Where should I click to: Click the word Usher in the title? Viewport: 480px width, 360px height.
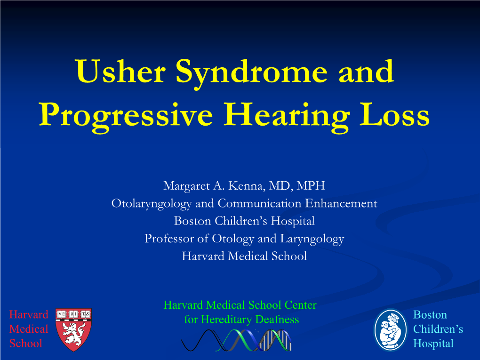click(120, 71)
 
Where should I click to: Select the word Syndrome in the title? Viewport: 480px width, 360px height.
click(251, 73)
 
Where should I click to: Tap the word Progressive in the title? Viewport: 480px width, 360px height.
click(126, 117)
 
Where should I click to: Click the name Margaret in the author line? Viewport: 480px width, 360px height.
click(186, 186)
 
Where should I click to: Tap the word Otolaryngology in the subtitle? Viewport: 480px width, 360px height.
click(152, 204)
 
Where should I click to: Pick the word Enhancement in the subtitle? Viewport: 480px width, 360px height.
click(341, 203)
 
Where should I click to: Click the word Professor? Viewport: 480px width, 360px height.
click(168, 239)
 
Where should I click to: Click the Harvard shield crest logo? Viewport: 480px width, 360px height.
click(73, 330)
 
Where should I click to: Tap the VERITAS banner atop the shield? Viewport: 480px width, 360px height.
click(73, 314)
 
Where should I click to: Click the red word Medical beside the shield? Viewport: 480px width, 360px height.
click(29, 329)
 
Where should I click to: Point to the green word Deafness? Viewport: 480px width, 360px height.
click(277, 319)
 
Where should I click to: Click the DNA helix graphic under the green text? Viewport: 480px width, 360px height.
click(236, 340)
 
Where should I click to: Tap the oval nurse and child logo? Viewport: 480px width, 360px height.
click(391, 330)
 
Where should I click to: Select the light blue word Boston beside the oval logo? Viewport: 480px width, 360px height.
click(430, 315)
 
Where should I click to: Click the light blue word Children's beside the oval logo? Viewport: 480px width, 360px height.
click(438, 329)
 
